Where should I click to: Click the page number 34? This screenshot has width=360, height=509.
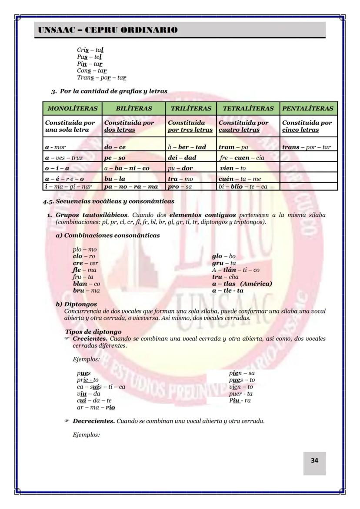314,460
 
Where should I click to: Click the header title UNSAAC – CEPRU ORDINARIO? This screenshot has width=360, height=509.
108,30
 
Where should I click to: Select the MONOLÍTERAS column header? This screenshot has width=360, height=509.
73,108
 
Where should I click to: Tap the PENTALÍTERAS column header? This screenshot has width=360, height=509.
308,108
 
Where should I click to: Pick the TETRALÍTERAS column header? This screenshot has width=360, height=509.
248,108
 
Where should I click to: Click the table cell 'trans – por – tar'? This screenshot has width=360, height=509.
307,147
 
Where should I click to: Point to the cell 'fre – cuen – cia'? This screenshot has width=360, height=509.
242,158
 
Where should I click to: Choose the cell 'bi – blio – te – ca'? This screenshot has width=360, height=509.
243,186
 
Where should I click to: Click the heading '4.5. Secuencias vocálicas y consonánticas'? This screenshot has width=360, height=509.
108,201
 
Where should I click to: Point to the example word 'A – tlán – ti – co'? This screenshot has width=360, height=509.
236,270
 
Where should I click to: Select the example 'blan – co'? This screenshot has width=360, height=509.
86,284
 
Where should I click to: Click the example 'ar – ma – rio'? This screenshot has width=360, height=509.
93,408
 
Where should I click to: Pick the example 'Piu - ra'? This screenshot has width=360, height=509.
240,401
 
